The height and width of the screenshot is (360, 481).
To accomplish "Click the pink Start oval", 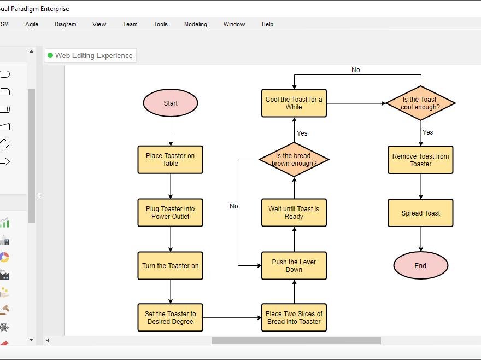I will coord(171,103).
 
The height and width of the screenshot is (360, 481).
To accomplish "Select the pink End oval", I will coord(420,266).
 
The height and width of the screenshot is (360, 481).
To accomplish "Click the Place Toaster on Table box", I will coord(171,159).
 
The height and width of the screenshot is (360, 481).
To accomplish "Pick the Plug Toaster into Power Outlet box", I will coord(171,212).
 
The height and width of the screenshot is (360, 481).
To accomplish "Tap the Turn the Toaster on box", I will coord(171,266).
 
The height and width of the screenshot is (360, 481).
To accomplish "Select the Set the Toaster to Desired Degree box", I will coord(171,318).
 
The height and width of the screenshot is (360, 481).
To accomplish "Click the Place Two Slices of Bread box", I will coord(294,318).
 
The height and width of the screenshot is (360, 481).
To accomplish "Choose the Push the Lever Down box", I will coord(294,266).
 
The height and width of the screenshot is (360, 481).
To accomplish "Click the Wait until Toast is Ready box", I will coord(294,212).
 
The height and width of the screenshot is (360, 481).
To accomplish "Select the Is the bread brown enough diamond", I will coord(294,159).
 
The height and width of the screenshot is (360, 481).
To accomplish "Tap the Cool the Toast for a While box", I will coord(294,103).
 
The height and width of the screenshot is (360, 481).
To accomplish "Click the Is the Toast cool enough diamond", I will coord(420,103).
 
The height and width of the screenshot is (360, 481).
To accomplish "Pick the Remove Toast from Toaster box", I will coord(420,160).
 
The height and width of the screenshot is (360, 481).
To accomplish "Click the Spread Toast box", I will coord(420,213).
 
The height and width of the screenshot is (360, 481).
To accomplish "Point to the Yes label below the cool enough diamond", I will coord(428,132).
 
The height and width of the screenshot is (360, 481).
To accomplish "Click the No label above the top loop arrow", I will coord(356,70).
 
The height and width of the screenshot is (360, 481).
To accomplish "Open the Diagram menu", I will coord(66,24).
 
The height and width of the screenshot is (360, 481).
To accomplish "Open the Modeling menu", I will coord(196,24).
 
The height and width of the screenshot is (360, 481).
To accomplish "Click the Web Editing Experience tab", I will coord(90,55).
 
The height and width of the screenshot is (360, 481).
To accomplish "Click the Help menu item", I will coord(267,24).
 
